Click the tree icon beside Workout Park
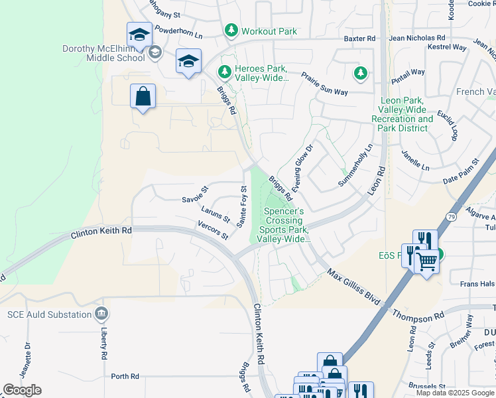click(231, 31)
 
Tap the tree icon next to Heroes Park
click(225, 70)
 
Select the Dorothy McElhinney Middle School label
click(103, 53)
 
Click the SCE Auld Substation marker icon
click(100, 312)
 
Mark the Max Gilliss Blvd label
click(352, 287)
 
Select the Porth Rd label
click(125, 376)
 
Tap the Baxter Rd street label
click(359, 39)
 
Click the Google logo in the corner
click(22, 389)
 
